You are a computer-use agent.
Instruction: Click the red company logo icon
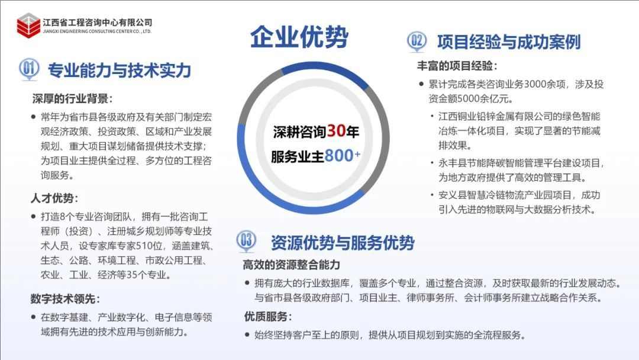(28, 25)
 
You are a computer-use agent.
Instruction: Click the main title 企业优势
(299, 37)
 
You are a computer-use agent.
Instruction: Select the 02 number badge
(417, 41)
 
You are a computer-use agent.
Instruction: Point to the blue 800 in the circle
(338, 156)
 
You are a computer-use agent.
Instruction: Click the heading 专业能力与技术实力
(119, 70)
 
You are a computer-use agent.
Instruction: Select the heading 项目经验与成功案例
(509, 42)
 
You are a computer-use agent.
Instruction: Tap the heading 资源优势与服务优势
(343, 242)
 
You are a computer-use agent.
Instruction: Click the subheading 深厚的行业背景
(72, 98)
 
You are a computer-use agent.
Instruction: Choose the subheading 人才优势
(54, 198)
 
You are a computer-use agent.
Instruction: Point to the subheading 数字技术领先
(66, 298)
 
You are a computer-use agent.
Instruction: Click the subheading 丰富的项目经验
(457, 66)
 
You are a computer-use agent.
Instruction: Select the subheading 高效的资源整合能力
(291, 264)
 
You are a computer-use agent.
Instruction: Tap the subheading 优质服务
(267, 316)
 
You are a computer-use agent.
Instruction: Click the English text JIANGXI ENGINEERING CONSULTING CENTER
(97, 31)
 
